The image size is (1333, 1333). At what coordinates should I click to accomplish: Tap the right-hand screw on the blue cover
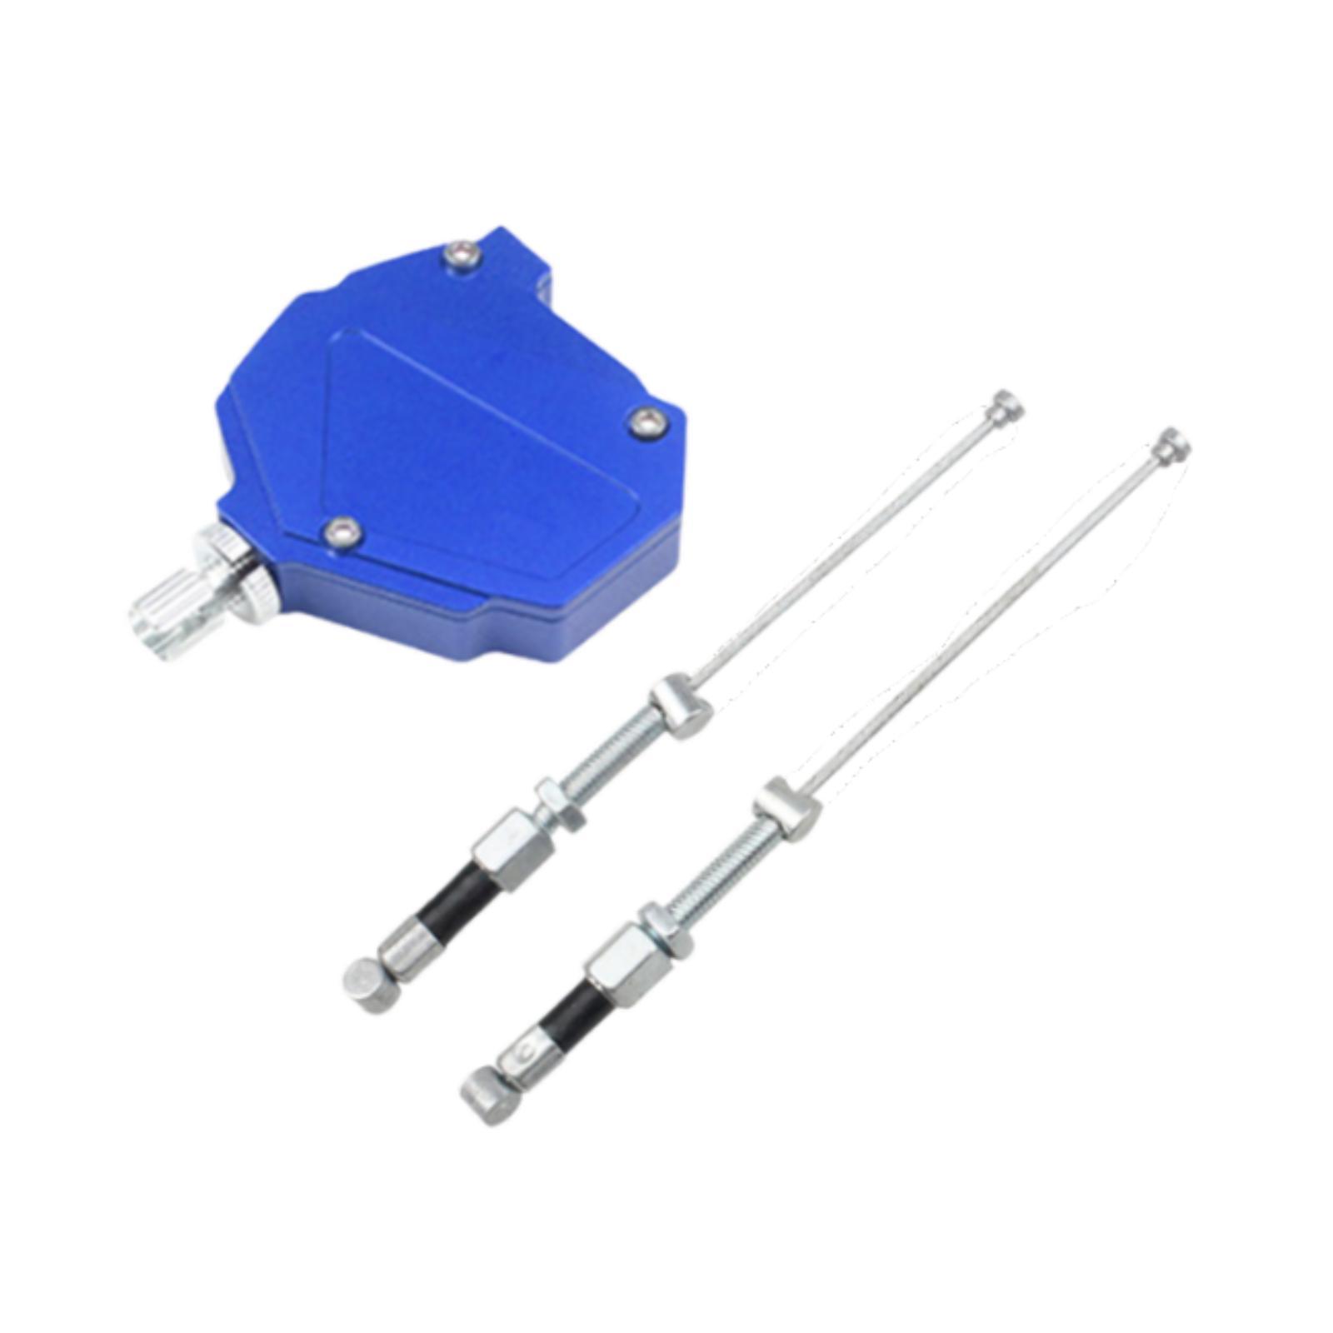[647, 422]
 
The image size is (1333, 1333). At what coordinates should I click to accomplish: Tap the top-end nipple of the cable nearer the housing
[1006, 407]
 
